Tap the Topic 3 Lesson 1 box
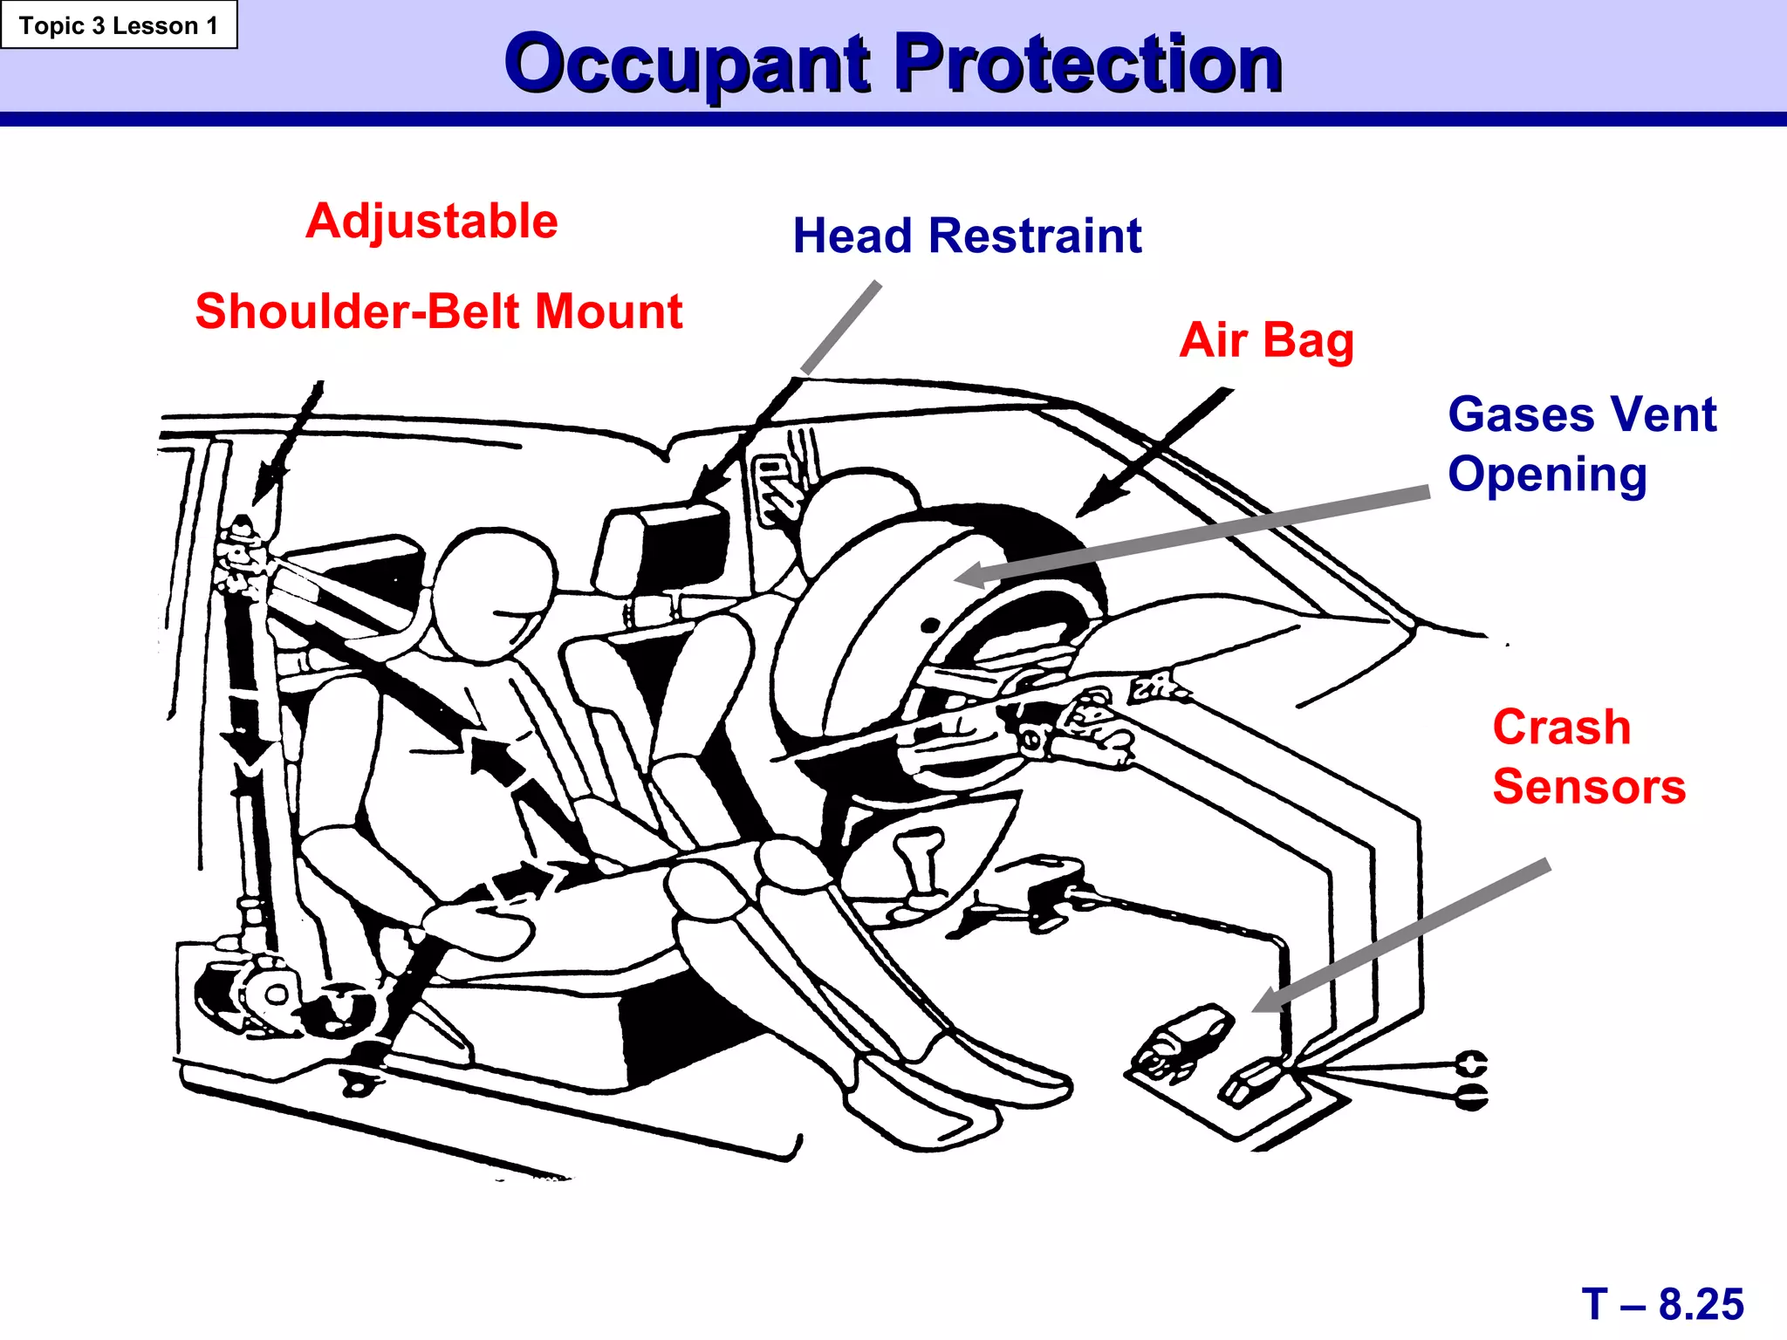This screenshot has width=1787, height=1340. [x=119, y=25]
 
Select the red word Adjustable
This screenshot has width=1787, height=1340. [x=432, y=221]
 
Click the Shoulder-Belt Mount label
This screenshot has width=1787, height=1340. [x=438, y=311]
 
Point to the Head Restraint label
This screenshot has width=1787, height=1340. [x=967, y=236]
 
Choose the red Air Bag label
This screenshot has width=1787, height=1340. [x=1266, y=340]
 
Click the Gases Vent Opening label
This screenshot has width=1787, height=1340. [x=1581, y=444]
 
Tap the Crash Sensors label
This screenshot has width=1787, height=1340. [x=1588, y=756]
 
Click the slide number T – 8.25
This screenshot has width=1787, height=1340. [x=1662, y=1304]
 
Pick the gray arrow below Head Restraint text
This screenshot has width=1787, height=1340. [x=841, y=328]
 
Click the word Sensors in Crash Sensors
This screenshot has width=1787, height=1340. [x=1588, y=787]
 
